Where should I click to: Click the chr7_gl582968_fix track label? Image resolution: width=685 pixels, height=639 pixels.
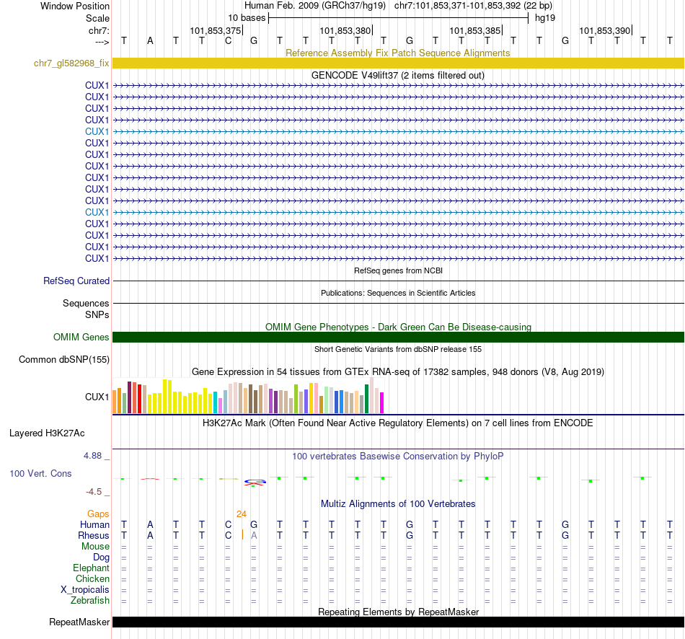click(x=71, y=63)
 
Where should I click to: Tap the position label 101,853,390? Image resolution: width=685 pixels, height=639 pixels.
click(x=605, y=30)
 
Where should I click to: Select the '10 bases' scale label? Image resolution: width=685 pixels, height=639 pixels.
click(x=247, y=17)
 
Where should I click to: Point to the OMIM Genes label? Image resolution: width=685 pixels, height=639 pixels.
click(x=81, y=337)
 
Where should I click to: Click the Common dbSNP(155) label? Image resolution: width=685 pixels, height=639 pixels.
click(x=64, y=359)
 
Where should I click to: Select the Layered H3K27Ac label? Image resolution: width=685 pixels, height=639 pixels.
click(x=47, y=433)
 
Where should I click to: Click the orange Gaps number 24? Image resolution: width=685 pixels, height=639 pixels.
click(x=242, y=514)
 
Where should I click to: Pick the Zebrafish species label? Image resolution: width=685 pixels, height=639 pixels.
click(x=90, y=600)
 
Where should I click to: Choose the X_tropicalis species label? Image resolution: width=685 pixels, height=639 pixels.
click(x=85, y=589)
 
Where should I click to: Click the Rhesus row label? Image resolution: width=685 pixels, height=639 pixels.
click(x=94, y=535)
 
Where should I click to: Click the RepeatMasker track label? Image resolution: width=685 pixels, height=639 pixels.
click(x=79, y=622)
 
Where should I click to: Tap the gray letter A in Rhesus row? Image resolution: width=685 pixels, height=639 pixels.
click(x=254, y=535)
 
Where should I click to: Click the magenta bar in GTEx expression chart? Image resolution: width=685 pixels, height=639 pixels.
click(x=381, y=402)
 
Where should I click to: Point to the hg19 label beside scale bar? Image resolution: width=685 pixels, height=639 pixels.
click(x=544, y=17)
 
